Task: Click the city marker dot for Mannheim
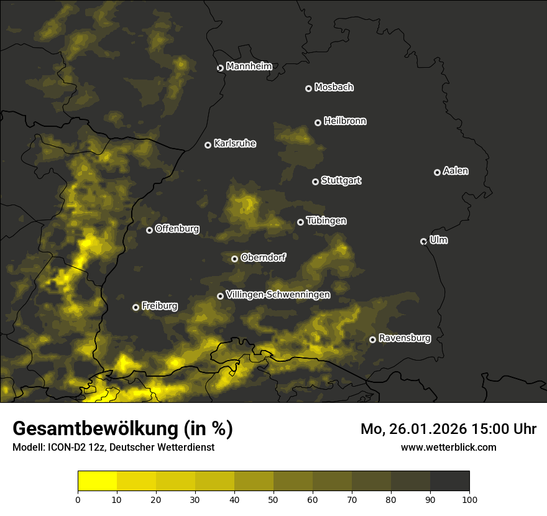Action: pos(220,68)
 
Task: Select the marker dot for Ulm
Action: pos(423,241)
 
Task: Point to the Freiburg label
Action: pos(159,306)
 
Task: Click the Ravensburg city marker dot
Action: pos(372,339)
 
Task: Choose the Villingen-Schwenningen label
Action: pos(278,295)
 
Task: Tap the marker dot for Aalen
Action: pos(437,172)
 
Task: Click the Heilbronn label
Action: pos(345,121)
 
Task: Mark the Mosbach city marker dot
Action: pos(308,88)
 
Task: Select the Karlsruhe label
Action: pos(234,144)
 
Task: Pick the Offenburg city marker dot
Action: pos(149,230)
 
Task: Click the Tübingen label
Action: pos(326,221)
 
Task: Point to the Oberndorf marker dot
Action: pos(234,259)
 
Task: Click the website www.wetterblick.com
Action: pos(448,447)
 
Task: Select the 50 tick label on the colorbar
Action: pos(273,499)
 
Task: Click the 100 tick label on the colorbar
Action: pos(469,499)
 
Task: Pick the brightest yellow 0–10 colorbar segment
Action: pos(98,481)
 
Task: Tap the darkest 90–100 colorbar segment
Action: pos(449,481)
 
